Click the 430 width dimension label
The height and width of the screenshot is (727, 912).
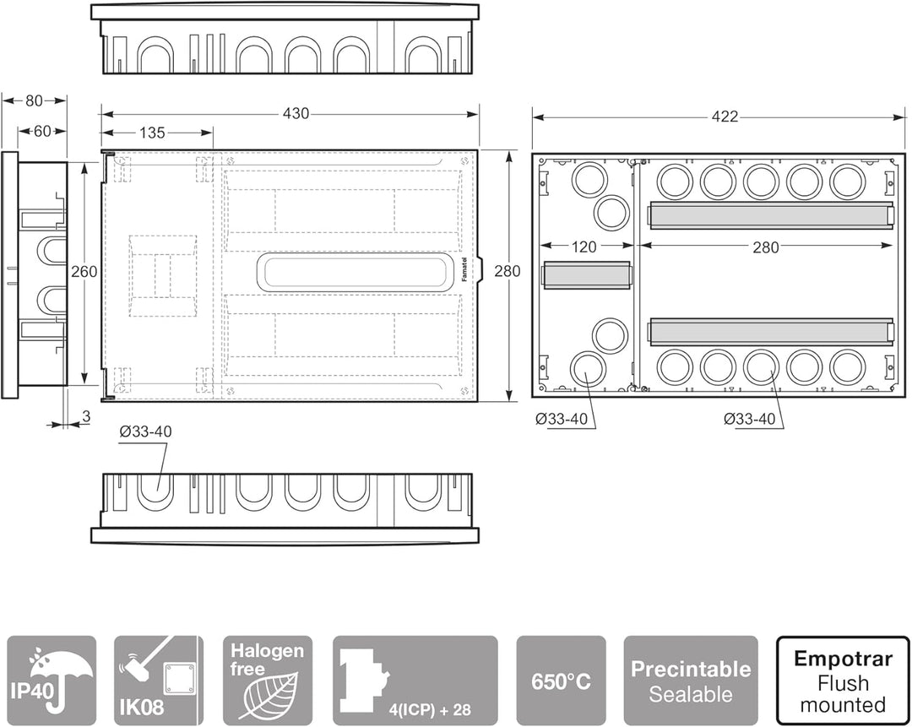tap(296, 113)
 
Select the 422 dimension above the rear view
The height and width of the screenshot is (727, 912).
tap(725, 117)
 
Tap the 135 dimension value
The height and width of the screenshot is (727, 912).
tap(152, 133)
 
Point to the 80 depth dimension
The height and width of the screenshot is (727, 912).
tap(35, 100)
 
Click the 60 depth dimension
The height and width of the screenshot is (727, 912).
tap(42, 132)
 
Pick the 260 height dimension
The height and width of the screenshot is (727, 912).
tap(84, 271)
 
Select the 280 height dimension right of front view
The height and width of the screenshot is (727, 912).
tap(508, 271)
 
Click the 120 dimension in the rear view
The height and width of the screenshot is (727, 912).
tap(584, 247)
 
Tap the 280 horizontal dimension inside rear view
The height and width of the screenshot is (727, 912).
tap(765, 247)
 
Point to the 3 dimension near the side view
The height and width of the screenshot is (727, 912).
tap(86, 416)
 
